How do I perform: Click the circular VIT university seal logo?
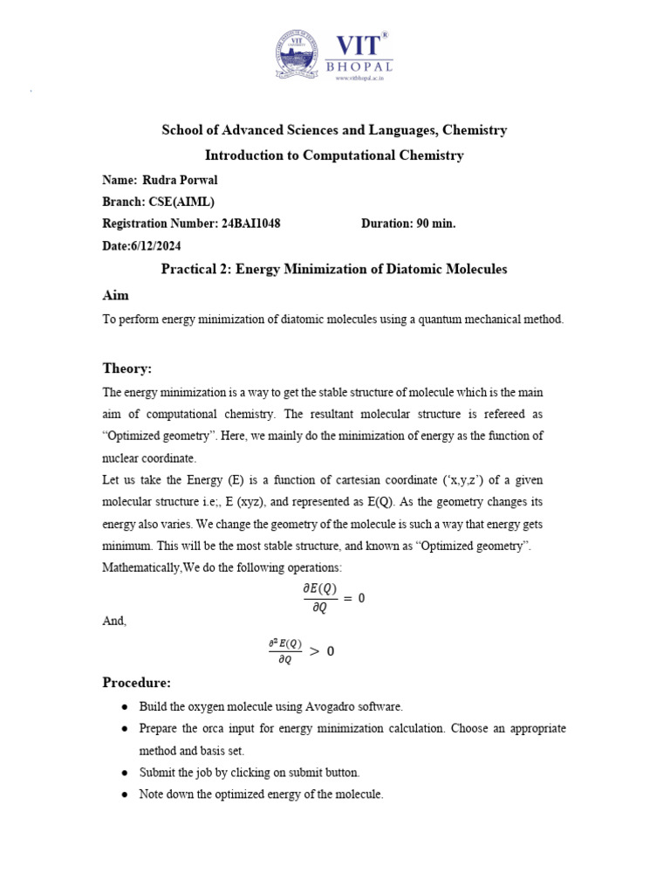(x=299, y=54)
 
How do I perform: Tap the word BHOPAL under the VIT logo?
(x=359, y=66)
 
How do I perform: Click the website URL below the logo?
(x=359, y=78)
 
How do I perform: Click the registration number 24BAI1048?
(x=251, y=223)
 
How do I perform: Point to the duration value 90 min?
(x=435, y=223)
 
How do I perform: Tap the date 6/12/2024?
(x=162, y=246)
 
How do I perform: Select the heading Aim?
(x=115, y=295)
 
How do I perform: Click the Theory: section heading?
(x=127, y=368)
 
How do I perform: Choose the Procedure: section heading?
(x=137, y=682)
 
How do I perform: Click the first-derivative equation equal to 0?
(x=333, y=598)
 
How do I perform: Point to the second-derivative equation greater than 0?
(x=301, y=650)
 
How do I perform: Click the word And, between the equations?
(x=114, y=621)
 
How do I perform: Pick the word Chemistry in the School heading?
(x=475, y=130)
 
